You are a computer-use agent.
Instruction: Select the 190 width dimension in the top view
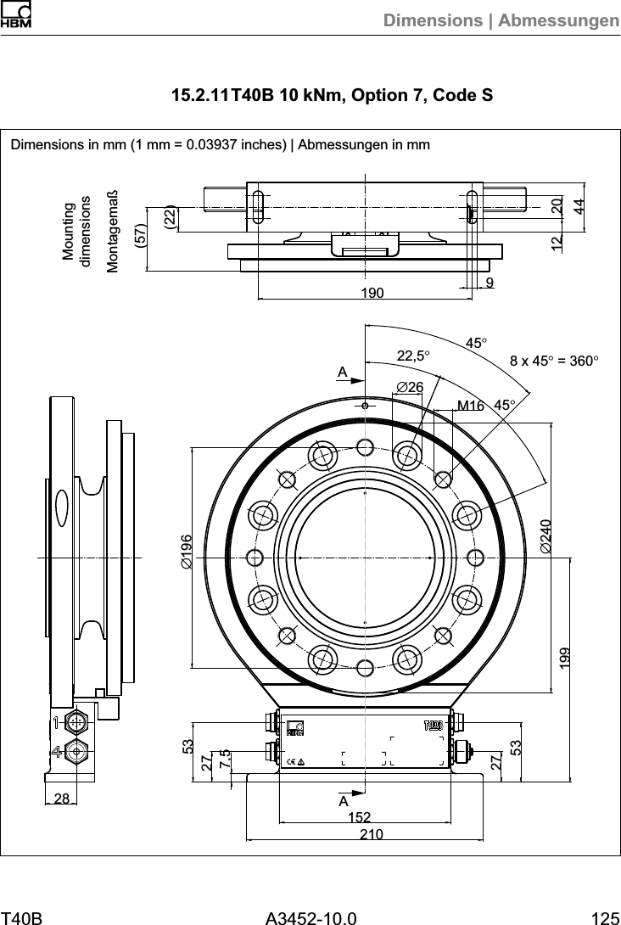point(372,294)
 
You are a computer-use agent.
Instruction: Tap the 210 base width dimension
point(372,835)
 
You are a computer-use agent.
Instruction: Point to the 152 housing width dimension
point(360,817)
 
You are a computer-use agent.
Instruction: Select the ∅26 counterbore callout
point(410,388)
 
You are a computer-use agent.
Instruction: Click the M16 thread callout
point(470,406)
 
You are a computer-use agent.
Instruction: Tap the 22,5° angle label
point(415,356)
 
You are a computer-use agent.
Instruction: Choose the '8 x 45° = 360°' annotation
point(554,361)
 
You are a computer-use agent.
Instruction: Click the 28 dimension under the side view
point(61,799)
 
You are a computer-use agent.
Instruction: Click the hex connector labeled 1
point(77,722)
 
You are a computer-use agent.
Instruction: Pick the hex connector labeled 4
point(77,751)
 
